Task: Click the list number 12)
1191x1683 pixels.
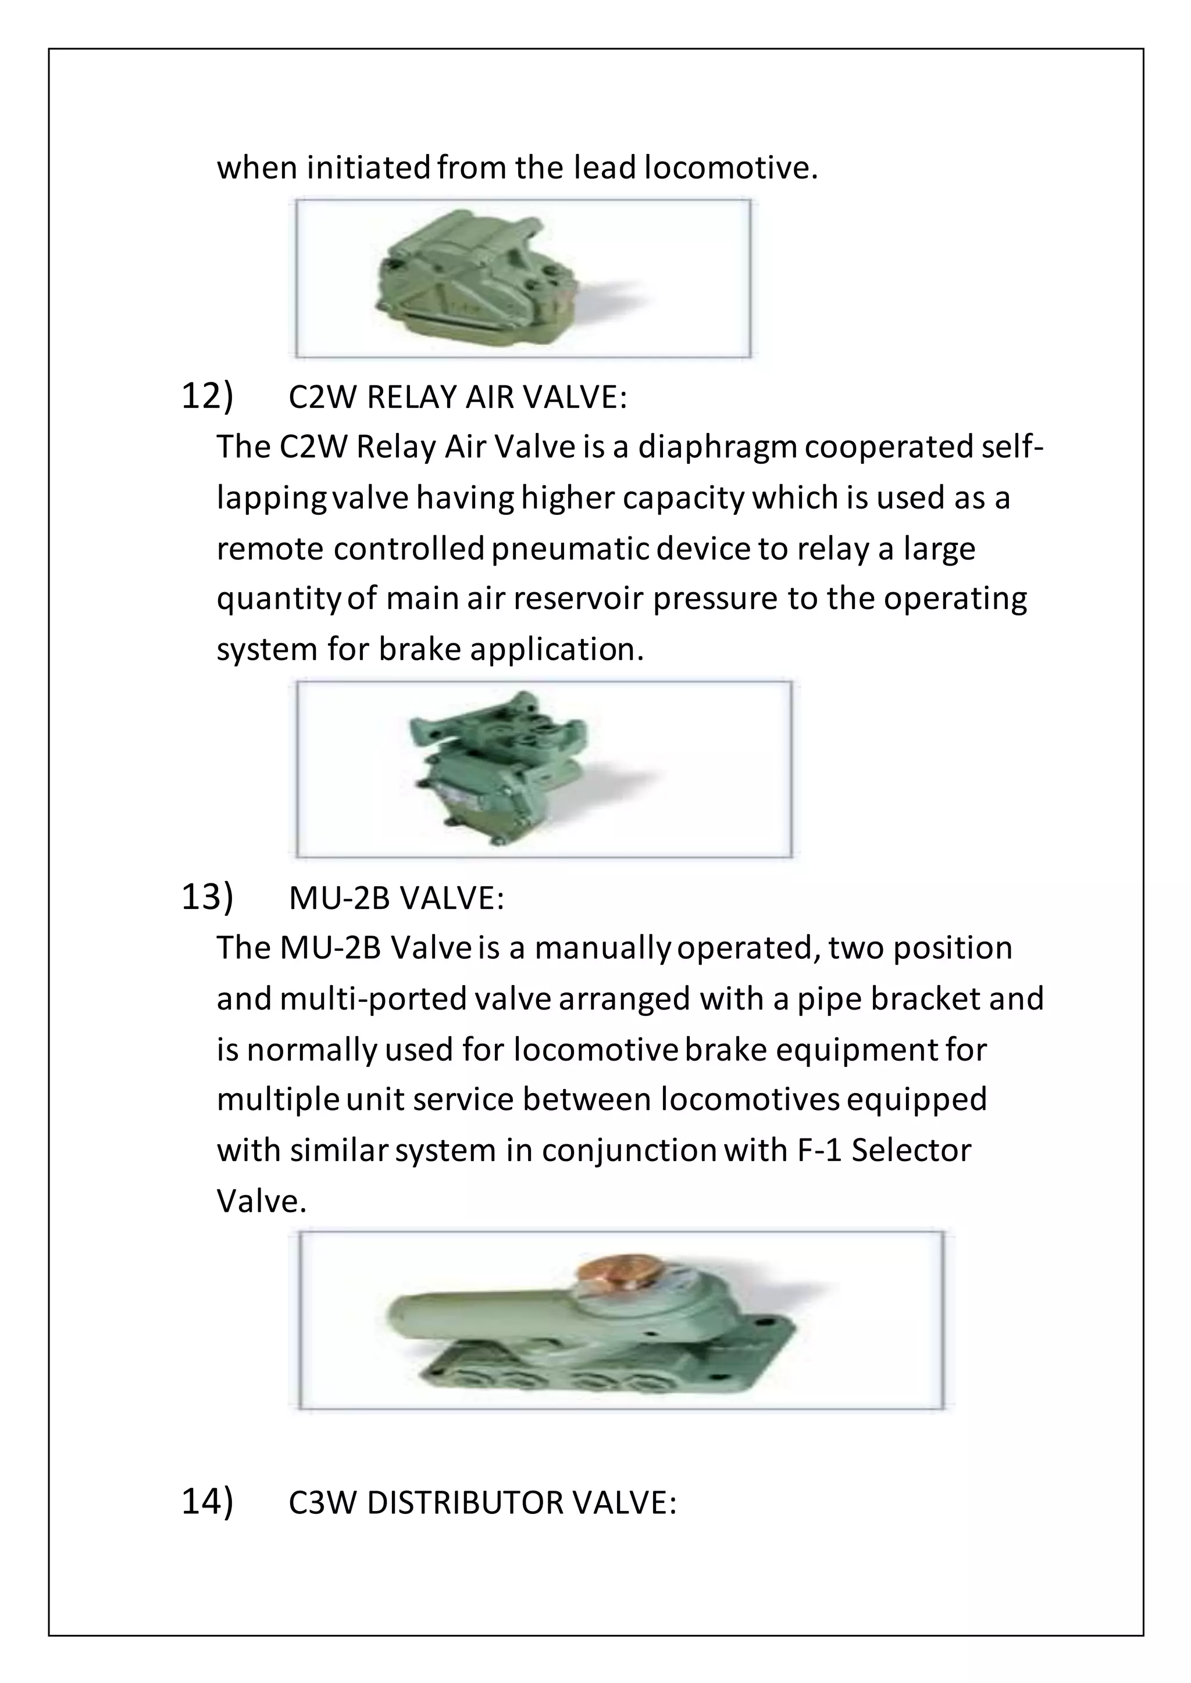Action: tap(207, 396)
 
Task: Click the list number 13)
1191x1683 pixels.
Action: tap(207, 897)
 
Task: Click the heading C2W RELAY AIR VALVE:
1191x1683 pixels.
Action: tap(458, 398)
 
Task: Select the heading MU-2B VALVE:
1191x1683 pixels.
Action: tap(396, 898)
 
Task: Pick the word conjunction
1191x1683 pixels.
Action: tap(629, 1151)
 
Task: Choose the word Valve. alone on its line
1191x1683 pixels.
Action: tap(261, 1201)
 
